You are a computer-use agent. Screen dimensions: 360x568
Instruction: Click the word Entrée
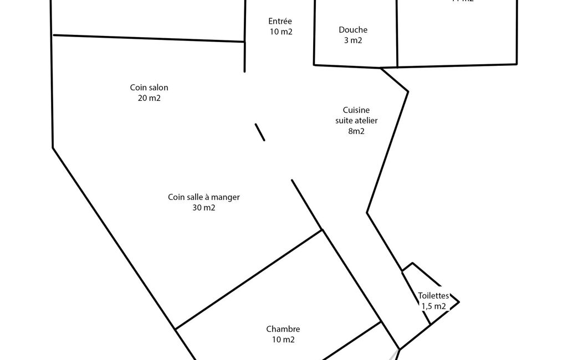pos(280,21)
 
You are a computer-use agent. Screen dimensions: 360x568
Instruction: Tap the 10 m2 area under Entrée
pos(280,32)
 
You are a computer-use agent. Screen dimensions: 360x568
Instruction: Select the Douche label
pos(353,30)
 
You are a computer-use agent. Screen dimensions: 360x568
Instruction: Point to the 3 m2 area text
pos(353,40)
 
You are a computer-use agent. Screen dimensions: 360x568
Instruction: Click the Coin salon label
pos(149,88)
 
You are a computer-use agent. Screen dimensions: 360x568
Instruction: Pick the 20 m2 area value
pos(149,98)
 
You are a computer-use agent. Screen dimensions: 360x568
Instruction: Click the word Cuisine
pos(356,110)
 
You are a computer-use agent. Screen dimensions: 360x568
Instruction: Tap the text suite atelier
pos(356,121)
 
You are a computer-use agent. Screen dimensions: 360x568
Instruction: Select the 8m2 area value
pos(356,131)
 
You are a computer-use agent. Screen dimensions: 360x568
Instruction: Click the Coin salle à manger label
pos(204,197)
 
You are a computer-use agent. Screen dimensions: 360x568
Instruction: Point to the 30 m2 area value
pos(204,208)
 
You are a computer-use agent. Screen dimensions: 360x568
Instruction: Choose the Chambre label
pos(283,329)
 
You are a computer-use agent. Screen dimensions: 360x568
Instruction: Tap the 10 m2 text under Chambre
pos(283,340)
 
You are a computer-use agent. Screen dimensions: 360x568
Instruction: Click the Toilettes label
pos(433,296)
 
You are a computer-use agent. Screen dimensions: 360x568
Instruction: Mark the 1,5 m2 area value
pos(433,306)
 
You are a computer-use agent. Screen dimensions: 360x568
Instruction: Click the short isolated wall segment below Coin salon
pos(260,132)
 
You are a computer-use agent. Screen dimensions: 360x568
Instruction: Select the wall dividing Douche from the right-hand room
pos(397,33)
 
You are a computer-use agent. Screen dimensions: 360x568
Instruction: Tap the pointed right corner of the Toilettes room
pos(459,302)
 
